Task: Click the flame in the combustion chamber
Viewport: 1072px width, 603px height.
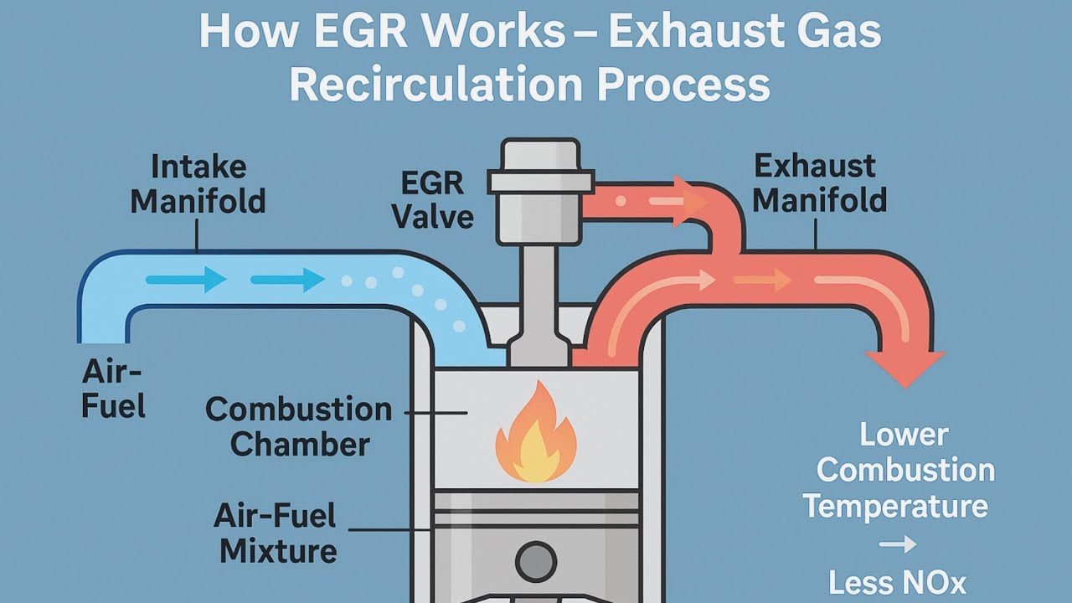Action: pyautogui.click(x=535, y=435)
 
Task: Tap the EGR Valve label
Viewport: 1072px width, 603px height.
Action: pyautogui.click(x=433, y=200)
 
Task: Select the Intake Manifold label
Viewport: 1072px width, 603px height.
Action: pyautogui.click(x=198, y=183)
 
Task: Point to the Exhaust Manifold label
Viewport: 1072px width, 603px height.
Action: pyautogui.click(x=820, y=183)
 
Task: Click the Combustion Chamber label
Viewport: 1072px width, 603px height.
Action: pyautogui.click(x=299, y=426)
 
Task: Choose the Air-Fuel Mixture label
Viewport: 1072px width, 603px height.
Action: pyautogui.click(x=276, y=533)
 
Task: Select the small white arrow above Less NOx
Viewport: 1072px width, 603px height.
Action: pyautogui.click(x=898, y=545)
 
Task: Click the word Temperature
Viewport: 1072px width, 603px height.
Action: pyautogui.click(x=895, y=507)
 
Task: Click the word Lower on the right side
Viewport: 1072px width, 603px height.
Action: pyautogui.click(x=904, y=435)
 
